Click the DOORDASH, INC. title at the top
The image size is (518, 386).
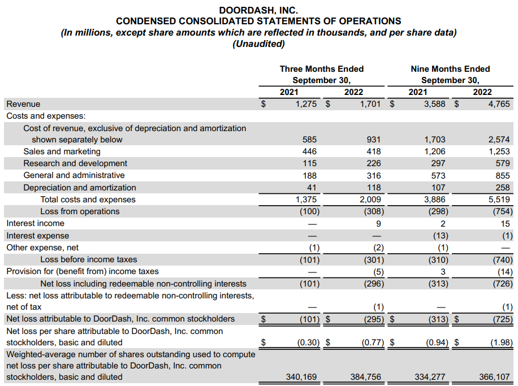click(258, 10)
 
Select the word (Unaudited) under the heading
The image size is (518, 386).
click(258, 44)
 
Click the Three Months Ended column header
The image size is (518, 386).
click(321, 69)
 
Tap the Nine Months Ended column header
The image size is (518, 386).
click(450, 69)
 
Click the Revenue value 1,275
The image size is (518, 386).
click(306, 104)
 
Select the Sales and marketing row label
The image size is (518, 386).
click(62, 151)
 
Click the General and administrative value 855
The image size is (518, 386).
click(502, 175)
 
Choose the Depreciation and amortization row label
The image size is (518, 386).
click(79, 188)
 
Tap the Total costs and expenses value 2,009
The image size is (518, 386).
click(370, 199)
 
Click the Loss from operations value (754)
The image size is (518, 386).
click(502, 211)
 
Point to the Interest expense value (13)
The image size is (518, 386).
click(440, 236)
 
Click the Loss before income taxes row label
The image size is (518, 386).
click(88, 259)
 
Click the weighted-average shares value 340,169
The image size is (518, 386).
click(302, 376)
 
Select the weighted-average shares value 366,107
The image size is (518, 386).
click(495, 376)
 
